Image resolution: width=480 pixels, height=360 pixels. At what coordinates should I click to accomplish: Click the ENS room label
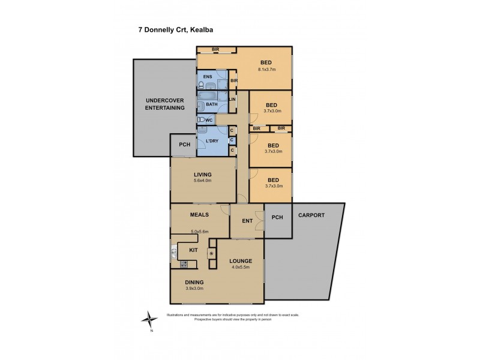(208, 77)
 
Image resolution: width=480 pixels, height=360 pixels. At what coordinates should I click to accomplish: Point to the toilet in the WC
(201, 120)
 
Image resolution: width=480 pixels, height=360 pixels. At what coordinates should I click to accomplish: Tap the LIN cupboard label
(232, 100)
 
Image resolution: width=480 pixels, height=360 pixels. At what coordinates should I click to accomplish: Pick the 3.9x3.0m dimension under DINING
(194, 289)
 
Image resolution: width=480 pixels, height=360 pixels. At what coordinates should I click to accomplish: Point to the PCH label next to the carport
(277, 217)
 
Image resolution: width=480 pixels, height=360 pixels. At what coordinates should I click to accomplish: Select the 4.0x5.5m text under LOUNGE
(240, 268)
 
